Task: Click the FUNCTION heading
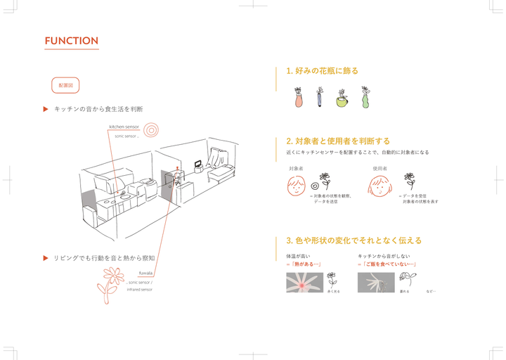tap(71, 41)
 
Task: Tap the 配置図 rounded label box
tap(65, 85)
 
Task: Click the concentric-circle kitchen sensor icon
tap(151, 130)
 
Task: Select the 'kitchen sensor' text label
tap(124, 127)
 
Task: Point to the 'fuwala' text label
tap(145, 273)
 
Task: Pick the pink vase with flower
tap(299, 98)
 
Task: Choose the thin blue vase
tap(320, 98)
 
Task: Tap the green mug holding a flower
tap(342, 99)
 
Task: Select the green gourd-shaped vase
tap(365, 98)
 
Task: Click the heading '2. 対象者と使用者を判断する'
tap(338, 141)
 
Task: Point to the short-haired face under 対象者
tap(296, 186)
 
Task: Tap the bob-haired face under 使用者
tap(379, 186)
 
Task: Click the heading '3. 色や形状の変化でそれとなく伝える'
tap(354, 240)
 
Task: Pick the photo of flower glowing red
tap(304, 283)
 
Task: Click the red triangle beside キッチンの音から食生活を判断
tap(46, 109)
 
